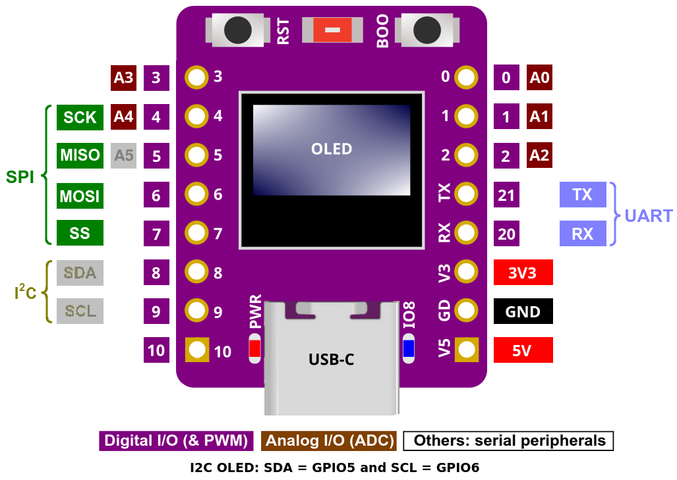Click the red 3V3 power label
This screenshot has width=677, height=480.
click(523, 272)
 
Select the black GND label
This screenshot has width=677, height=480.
click(523, 311)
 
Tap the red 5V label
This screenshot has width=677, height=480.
click(523, 350)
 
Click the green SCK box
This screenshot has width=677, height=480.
click(80, 117)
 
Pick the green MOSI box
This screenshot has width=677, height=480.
click(80, 196)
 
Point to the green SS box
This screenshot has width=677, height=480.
click(80, 232)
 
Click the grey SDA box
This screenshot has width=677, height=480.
click(80, 272)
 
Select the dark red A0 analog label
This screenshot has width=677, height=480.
click(539, 78)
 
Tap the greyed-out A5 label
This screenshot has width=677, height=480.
click(123, 156)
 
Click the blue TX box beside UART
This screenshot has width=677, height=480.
click(582, 195)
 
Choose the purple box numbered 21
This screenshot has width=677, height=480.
click(506, 196)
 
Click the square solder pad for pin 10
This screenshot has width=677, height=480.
click(196, 350)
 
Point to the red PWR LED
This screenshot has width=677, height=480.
click(254, 348)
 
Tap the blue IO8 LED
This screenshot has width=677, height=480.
click(409, 348)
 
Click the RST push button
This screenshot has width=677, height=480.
click(237, 30)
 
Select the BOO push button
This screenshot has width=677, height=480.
click(427, 30)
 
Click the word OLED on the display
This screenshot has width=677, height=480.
click(332, 149)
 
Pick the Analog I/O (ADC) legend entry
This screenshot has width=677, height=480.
click(330, 440)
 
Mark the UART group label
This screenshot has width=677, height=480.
click(649, 215)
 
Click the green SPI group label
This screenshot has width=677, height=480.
click(20, 176)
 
